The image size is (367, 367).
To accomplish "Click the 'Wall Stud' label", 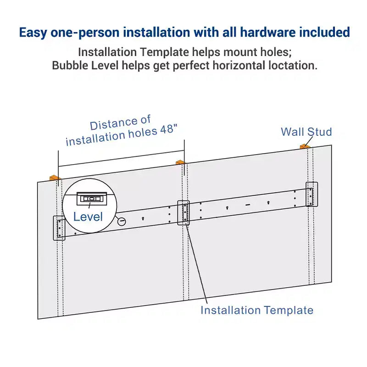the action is pyautogui.click(x=306, y=132).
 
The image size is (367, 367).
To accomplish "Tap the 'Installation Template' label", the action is pyautogui.click(x=257, y=311).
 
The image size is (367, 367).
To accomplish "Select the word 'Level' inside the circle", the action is pyautogui.click(x=88, y=217).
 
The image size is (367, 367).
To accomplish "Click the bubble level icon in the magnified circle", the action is pyautogui.click(x=92, y=199).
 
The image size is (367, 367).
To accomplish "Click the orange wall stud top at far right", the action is pyautogui.click(x=305, y=146).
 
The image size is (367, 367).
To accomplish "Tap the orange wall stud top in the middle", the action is pyautogui.click(x=180, y=162).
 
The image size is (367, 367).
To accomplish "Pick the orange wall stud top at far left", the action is pyautogui.click(x=55, y=178).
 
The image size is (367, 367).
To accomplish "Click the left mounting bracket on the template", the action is pyautogui.click(x=59, y=228).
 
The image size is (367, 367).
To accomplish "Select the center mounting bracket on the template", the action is pyautogui.click(x=183, y=213).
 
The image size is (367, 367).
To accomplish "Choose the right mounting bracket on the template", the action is pyautogui.click(x=312, y=194).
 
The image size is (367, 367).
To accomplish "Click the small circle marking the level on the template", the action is pyautogui.click(x=122, y=222).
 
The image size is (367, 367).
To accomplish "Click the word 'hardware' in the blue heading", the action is pyautogui.click(x=268, y=32).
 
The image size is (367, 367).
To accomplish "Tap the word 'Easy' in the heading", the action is pyautogui.click(x=33, y=33).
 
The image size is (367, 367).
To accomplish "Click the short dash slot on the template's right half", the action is pyautogui.click(x=248, y=205).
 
